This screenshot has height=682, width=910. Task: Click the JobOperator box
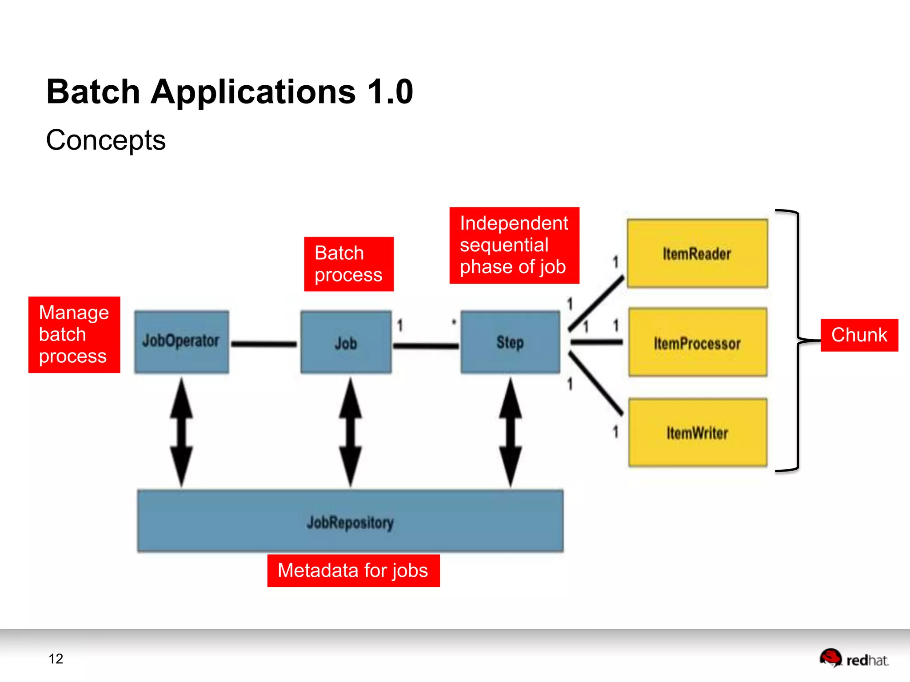coord(181,341)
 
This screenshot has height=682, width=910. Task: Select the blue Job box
coord(346,342)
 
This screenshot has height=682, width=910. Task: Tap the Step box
coord(510,342)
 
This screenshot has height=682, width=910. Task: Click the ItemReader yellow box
coord(697,254)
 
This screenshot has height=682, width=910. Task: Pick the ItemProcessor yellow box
coord(697,343)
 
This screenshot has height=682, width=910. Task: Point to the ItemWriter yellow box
coord(697,433)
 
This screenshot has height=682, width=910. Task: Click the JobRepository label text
coord(350,523)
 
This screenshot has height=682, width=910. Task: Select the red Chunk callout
coord(859,335)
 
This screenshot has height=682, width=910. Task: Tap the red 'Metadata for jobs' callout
coord(353,571)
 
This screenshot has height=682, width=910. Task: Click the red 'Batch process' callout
coord(349,264)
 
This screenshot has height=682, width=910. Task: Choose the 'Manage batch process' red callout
coord(74,335)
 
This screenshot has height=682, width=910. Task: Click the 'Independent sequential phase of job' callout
coord(514,245)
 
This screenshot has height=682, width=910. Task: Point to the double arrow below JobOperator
coord(181,432)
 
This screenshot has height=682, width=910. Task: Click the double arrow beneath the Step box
coord(510,432)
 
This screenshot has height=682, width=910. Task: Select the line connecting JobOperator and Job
coord(264,344)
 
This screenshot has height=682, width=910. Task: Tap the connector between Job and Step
coord(426,345)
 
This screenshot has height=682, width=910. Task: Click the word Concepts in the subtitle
coord(106,140)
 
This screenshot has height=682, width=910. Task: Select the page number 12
coord(56,659)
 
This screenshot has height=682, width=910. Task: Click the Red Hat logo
coord(854,658)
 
